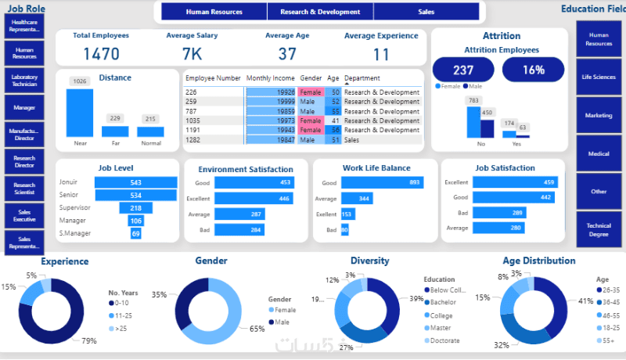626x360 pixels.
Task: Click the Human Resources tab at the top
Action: (x=214, y=12)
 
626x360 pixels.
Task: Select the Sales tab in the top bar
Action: (x=426, y=12)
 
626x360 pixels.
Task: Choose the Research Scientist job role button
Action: (x=24, y=189)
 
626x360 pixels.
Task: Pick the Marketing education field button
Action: (x=599, y=115)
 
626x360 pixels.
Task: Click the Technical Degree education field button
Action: (x=599, y=229)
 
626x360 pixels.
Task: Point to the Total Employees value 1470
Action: (x=101, y=54)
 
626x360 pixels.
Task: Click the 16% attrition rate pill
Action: (x=534, y=70)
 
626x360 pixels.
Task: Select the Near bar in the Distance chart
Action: (x=79, y=113)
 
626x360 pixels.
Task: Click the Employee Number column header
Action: (x=213, y=78)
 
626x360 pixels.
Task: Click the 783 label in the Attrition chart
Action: (x=473, y=100)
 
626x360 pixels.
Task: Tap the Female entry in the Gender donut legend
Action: (x=282, y=310)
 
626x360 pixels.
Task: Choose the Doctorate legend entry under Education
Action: (x=444, y=340)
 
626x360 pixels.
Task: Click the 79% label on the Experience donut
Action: (x=89, y=340)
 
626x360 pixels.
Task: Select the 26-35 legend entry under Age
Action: (x=610, y=290)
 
